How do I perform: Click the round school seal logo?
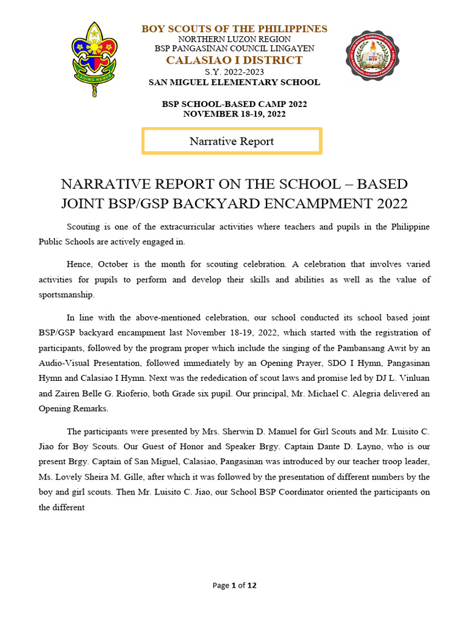point(372,56)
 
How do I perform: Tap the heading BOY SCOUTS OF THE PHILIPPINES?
point(234,29)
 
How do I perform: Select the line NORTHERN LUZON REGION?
point(234,39)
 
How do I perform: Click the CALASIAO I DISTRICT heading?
point(234,60)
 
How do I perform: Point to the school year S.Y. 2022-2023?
point(234,72)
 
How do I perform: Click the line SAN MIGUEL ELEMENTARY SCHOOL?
point(234,82)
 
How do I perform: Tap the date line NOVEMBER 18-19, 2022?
point(234,114)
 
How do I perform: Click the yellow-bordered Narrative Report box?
point(231,141)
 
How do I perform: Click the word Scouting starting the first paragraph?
point(84,227)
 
